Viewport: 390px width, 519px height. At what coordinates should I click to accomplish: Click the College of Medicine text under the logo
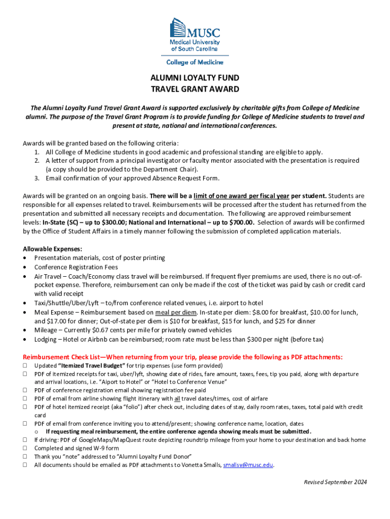tap(195, 62)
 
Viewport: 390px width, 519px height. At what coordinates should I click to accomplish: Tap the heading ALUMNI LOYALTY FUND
tap(195, 78)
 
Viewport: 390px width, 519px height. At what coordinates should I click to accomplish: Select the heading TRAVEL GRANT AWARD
tap(195, 89)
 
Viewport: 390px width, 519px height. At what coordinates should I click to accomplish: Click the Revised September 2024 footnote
tap(335, 482)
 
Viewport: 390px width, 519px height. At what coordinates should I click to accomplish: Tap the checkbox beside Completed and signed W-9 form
tap(25, 448)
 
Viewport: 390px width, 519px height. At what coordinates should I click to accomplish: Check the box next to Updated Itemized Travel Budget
tap(25, 365)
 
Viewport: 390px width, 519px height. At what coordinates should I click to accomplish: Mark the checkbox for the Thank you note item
tap(25, 456)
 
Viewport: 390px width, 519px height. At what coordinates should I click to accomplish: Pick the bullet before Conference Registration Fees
tap(25, 267)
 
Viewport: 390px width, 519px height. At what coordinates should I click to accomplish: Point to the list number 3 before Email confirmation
tap(37, 178)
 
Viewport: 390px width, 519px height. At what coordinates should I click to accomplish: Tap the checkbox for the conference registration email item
tap(25, 390)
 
